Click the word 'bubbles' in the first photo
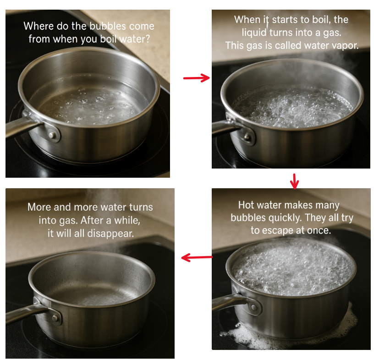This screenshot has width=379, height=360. tap(108, 26)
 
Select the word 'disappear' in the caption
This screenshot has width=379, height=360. tap(110, 234)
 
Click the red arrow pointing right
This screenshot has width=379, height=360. tap(197, 78)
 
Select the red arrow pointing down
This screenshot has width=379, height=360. tap(294, 181)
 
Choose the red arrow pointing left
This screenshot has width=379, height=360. tap(197, 257)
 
